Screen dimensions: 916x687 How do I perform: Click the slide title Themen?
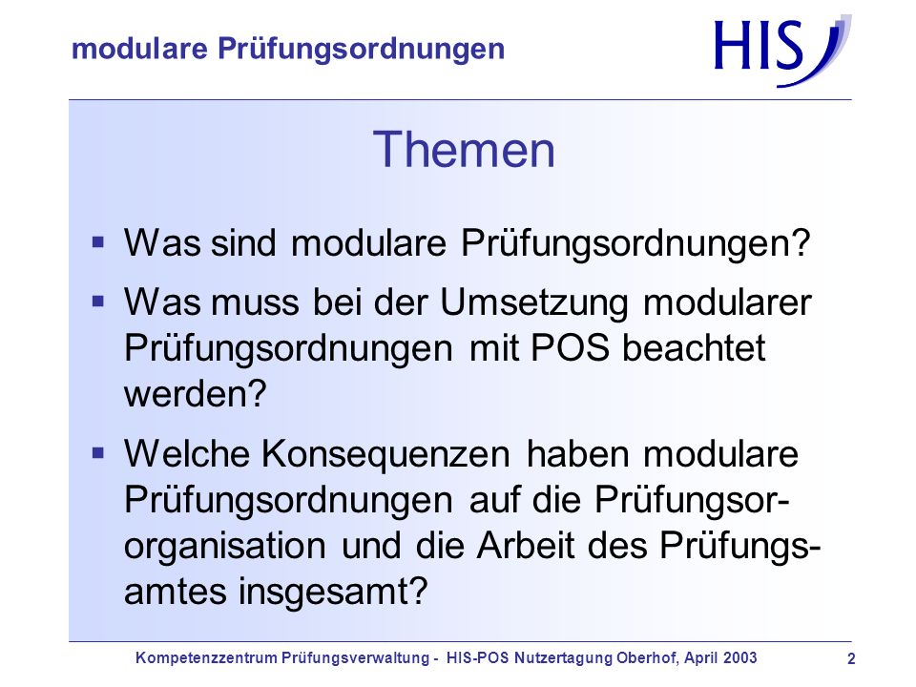coord(464,150)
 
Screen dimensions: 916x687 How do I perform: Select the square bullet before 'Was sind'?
coord(98,241)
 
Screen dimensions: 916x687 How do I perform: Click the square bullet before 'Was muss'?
coord(98,302)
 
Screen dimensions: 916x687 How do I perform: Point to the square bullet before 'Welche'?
coord(98,452)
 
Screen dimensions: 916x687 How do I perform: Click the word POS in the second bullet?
coord(571,348)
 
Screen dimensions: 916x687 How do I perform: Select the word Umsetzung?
coord(534,302)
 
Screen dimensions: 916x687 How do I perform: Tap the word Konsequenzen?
coord(385,454)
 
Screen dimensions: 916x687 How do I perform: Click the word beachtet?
coord(694,348)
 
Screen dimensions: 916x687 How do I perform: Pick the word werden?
coord(195,394)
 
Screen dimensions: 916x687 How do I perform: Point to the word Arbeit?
coord(526,546)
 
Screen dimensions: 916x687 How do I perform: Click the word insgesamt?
coord(334,592)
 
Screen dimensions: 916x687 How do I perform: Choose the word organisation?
coord(225,546)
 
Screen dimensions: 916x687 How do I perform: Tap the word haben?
coord(578,454)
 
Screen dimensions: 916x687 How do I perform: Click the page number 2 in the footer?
coord(851,659)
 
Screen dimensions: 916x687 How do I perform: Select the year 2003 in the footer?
coord(740,657)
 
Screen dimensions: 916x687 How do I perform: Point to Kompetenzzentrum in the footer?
coord(206,658)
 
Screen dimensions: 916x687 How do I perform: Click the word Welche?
coord(187,454)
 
